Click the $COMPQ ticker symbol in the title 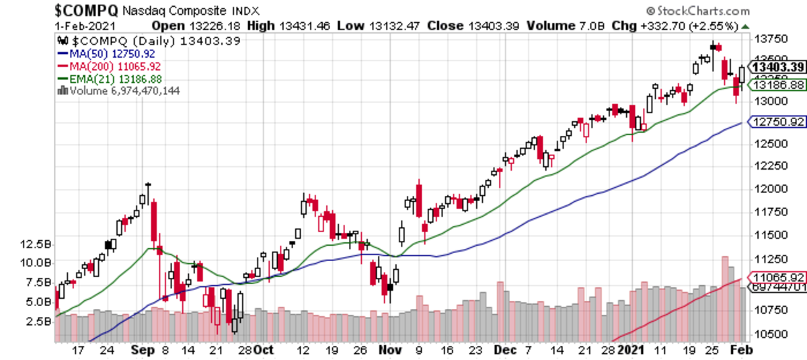click(87, 10)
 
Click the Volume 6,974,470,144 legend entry click(120, 90)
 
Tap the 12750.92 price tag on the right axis click(778, 122)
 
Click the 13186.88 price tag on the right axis click(778, 85)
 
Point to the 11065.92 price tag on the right click(778, 277)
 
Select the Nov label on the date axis click(391, 350)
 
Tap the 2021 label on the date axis click(631, 350)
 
